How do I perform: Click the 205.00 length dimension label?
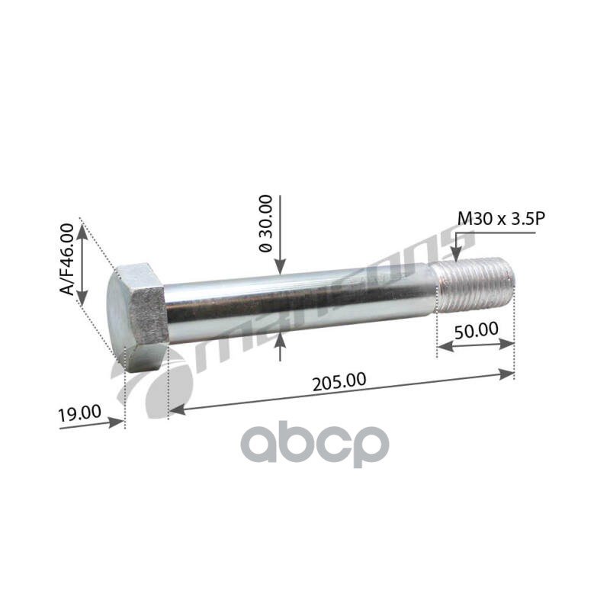(x=339, y=382)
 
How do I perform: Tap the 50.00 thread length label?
(x=476, y=331)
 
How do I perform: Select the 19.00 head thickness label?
(x=79, y=413)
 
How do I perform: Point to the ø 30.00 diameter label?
(x=266, y=223)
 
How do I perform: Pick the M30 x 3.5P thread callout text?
(x=501, y=219)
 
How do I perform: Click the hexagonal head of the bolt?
(x=137, y=317)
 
